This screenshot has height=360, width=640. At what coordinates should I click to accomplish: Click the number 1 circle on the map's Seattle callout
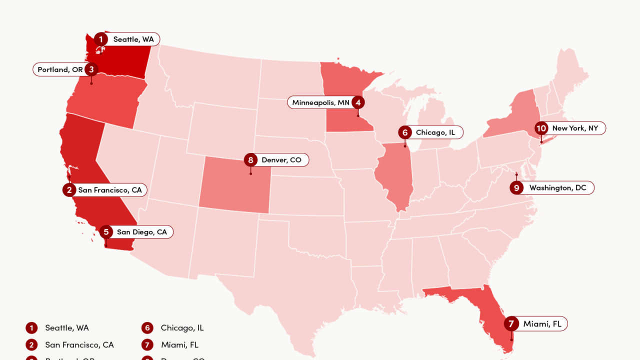coord(101,39)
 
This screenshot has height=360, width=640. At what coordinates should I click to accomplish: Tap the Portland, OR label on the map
coord(60,69)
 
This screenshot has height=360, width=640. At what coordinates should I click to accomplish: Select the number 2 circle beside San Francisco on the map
coord(69,190)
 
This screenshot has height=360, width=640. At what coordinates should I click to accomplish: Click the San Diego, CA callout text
coord(142,232)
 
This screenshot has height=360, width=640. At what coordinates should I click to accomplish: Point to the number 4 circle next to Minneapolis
coord(357,102)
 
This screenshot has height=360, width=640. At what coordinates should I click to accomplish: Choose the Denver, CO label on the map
coord(281,160)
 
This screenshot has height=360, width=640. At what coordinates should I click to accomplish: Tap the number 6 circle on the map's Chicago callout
coord(405,132)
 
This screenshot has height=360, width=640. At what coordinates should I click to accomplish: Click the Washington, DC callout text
coord(557,188)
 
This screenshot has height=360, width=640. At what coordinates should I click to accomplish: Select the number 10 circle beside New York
coord(541,128)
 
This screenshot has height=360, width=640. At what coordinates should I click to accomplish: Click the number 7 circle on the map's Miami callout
coord(511,324)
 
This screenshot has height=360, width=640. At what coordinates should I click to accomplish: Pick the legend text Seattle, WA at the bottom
coord(67,328)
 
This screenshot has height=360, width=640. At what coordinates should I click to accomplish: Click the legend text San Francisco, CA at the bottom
coord(79,345)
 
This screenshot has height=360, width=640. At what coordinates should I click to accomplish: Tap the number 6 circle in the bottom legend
coord(147,328)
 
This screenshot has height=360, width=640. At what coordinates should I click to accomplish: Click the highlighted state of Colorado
coord(235,185)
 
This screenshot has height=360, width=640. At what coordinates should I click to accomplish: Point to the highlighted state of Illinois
coord(395,175)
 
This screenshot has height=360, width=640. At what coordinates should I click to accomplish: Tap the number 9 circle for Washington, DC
coord(516,188)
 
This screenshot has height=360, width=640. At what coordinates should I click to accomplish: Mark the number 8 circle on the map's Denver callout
coord(250,160)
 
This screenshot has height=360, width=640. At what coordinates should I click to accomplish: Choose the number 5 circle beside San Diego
coord(106,232)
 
